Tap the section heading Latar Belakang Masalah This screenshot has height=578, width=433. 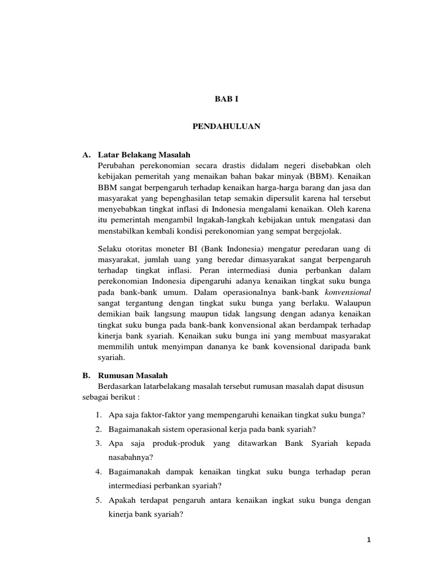145,154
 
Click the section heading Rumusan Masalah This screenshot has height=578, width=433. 132,375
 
